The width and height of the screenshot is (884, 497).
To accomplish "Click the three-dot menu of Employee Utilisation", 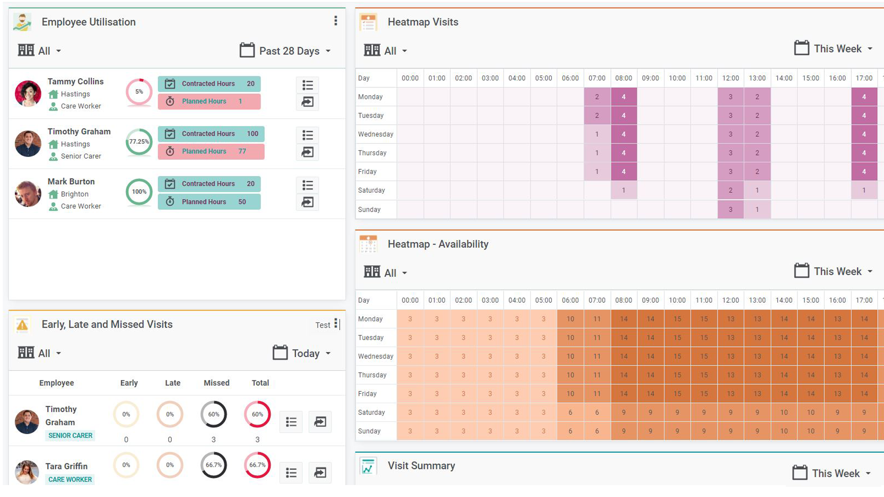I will tap(336, 21).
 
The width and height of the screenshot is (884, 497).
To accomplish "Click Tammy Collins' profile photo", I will tap(28, 93).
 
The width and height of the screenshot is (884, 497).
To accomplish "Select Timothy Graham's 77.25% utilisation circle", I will tap(139, 142).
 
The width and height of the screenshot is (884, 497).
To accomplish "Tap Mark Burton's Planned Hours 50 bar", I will tap(209, 202).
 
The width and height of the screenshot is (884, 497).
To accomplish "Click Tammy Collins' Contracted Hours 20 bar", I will tap(209, 84).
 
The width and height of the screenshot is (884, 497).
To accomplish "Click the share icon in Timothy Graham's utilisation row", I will tap(308, 152).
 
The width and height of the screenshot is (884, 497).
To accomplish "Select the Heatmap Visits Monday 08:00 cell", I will tap(623, 97).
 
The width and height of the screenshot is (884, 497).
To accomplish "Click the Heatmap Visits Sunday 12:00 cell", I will tap(730, 209).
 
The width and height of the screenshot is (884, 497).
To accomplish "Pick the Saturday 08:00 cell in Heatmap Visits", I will tap(623, 190).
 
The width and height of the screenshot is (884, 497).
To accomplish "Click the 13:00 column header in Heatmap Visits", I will tap(757, 78).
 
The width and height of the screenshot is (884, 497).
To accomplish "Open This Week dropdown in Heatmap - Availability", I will tap(834, 272).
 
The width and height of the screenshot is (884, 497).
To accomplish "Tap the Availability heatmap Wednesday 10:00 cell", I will tap(677, 356).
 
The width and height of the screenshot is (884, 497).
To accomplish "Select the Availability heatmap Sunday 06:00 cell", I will tap(570, 431).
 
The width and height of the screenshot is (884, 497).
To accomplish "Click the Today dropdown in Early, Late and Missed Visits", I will tap(302, 353).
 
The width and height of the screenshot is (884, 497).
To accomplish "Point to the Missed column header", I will tap(216, 383).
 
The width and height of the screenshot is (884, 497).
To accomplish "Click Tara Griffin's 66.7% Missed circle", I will tap(214, 465).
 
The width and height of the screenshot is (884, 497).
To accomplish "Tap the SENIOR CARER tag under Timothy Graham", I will tap(70, 435).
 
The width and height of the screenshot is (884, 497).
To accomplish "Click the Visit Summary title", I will tap(421, 466).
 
